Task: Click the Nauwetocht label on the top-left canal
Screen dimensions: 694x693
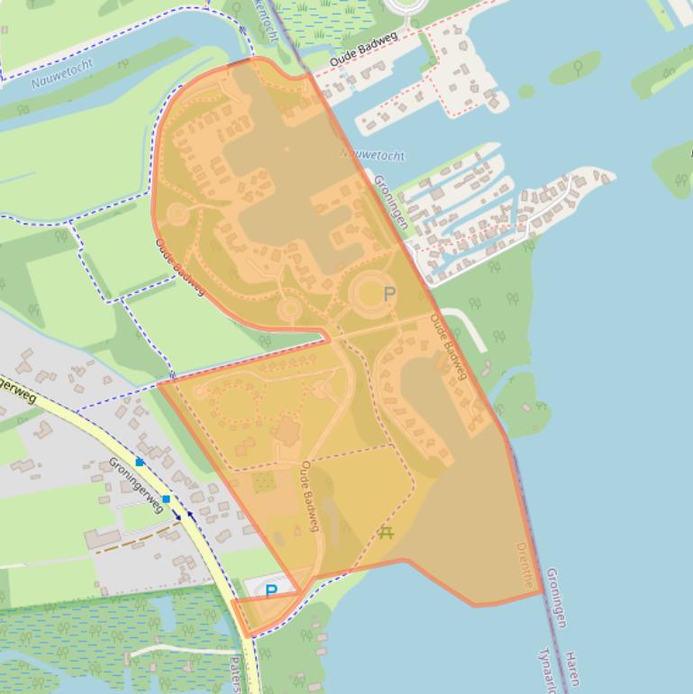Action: [51, 81]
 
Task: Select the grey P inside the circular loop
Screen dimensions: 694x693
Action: [389, 294]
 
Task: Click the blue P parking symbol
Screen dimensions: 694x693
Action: [271, 591]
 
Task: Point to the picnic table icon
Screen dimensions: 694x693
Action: [387, 533]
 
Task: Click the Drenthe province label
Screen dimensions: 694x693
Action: [525, 564]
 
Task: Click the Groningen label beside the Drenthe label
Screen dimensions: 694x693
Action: [556, 597]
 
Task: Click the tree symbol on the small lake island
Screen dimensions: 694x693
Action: [577, 67]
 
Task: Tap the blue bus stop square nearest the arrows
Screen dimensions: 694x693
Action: [166, 498]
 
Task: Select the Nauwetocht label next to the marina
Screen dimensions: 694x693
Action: [372, 154]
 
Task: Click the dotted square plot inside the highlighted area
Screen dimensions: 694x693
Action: [263, 482]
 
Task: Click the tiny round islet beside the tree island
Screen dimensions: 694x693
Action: [526, 91]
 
